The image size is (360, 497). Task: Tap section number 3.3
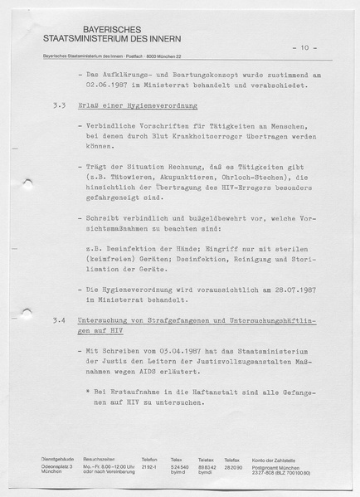click(58, 108)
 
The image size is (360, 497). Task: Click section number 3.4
click(58, 319)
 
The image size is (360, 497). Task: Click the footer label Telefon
click(149, 459)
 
